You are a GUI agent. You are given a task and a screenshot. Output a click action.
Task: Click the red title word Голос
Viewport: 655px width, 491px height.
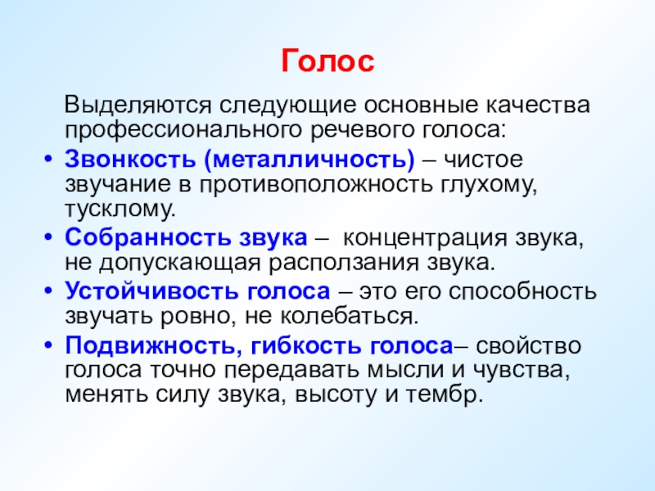coord(327,62)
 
